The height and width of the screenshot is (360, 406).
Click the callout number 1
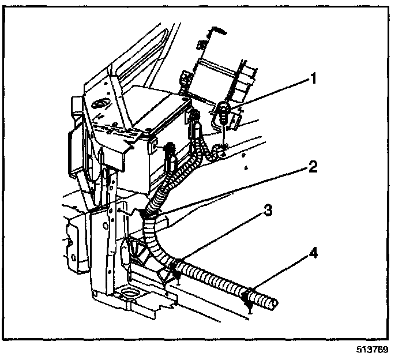click(313, 78)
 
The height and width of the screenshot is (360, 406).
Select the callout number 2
click(313, 167)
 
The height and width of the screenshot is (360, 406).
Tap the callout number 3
click(268, 210)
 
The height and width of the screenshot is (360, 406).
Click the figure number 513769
click(373, 350)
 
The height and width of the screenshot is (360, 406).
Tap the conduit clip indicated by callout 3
click(175, 269)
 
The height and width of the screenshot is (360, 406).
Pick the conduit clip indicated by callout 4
click(248, 298)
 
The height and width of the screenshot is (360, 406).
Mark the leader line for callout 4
click(280, 272)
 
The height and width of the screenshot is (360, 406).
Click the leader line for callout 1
click(269, 94)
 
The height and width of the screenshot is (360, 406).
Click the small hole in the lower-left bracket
click(73, 257)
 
